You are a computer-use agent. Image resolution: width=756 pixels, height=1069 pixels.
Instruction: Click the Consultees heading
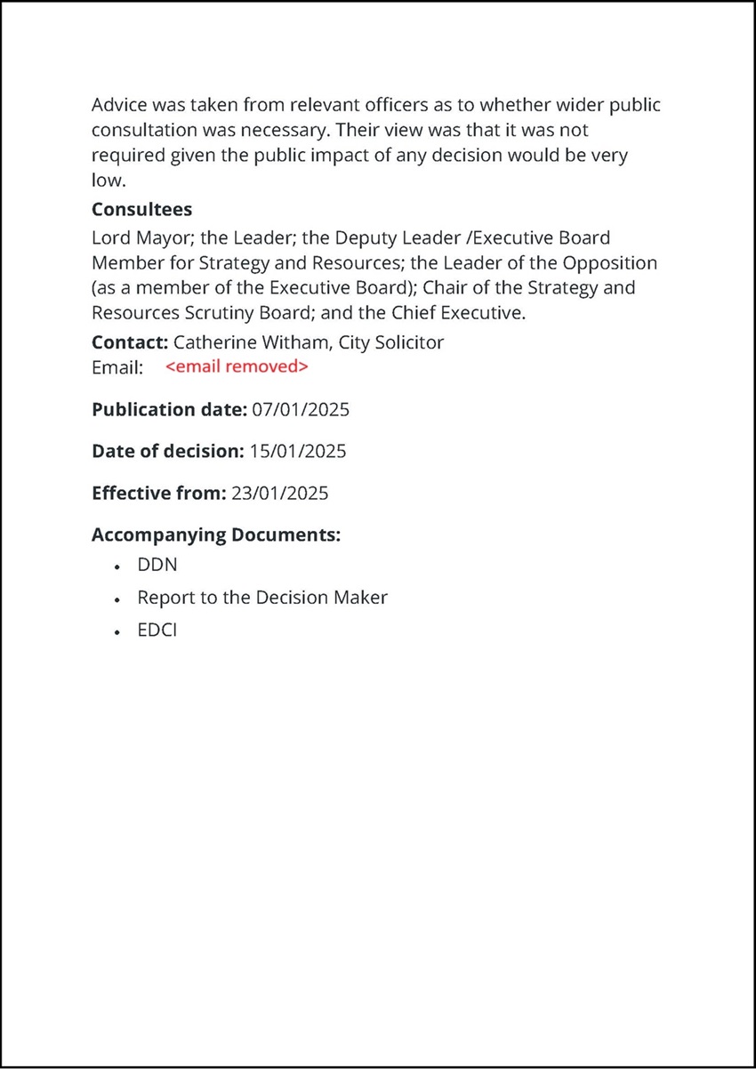142,211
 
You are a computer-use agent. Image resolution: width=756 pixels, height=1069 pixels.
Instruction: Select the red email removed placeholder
237,366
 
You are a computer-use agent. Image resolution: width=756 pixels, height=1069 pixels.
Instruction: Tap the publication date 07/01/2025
301,410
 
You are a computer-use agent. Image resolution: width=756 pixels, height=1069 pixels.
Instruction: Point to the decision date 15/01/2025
297,451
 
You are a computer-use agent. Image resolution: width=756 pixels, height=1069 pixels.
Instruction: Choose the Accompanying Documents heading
216,535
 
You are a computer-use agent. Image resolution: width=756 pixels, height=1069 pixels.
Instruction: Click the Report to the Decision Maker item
262,598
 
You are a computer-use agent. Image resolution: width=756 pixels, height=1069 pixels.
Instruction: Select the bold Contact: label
130,342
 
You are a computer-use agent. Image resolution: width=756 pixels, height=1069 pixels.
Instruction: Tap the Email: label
117,367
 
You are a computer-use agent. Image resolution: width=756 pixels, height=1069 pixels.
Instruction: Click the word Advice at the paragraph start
119,105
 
